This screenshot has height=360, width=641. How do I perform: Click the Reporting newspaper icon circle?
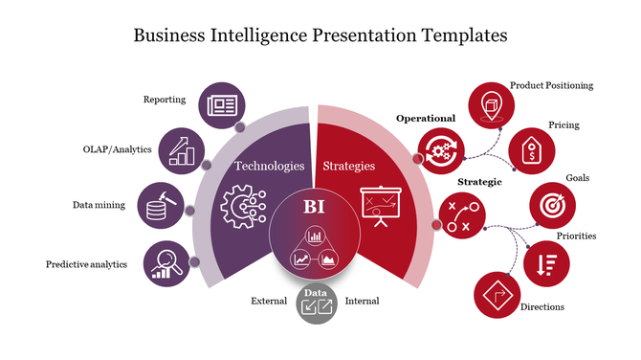tap(220, 103)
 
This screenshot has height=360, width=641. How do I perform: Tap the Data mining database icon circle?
tap(159, 205)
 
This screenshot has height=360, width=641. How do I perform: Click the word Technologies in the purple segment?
tap(270, 166)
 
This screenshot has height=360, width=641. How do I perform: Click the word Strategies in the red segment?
tap(348, 166)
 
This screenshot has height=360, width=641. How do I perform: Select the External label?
tap(269, 301)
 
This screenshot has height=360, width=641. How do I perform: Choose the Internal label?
tap(362, 301)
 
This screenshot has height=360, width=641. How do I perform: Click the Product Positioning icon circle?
tap(489, 102)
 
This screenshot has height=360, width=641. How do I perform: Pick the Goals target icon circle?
tap(552, 205)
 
